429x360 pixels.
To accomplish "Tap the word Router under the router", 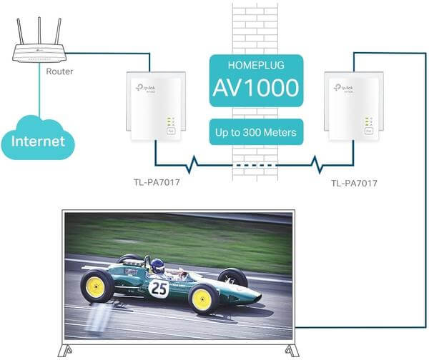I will click(x=59, y=71).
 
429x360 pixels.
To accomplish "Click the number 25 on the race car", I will click(x=159, y=289).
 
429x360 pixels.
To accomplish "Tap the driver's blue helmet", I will click(x=158, y=265).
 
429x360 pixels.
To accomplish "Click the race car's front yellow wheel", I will click(x=202, y=299).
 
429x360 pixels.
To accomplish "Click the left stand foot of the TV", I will click(x=68, y=351).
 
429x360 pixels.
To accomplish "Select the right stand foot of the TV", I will click(x=291, y=351).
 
